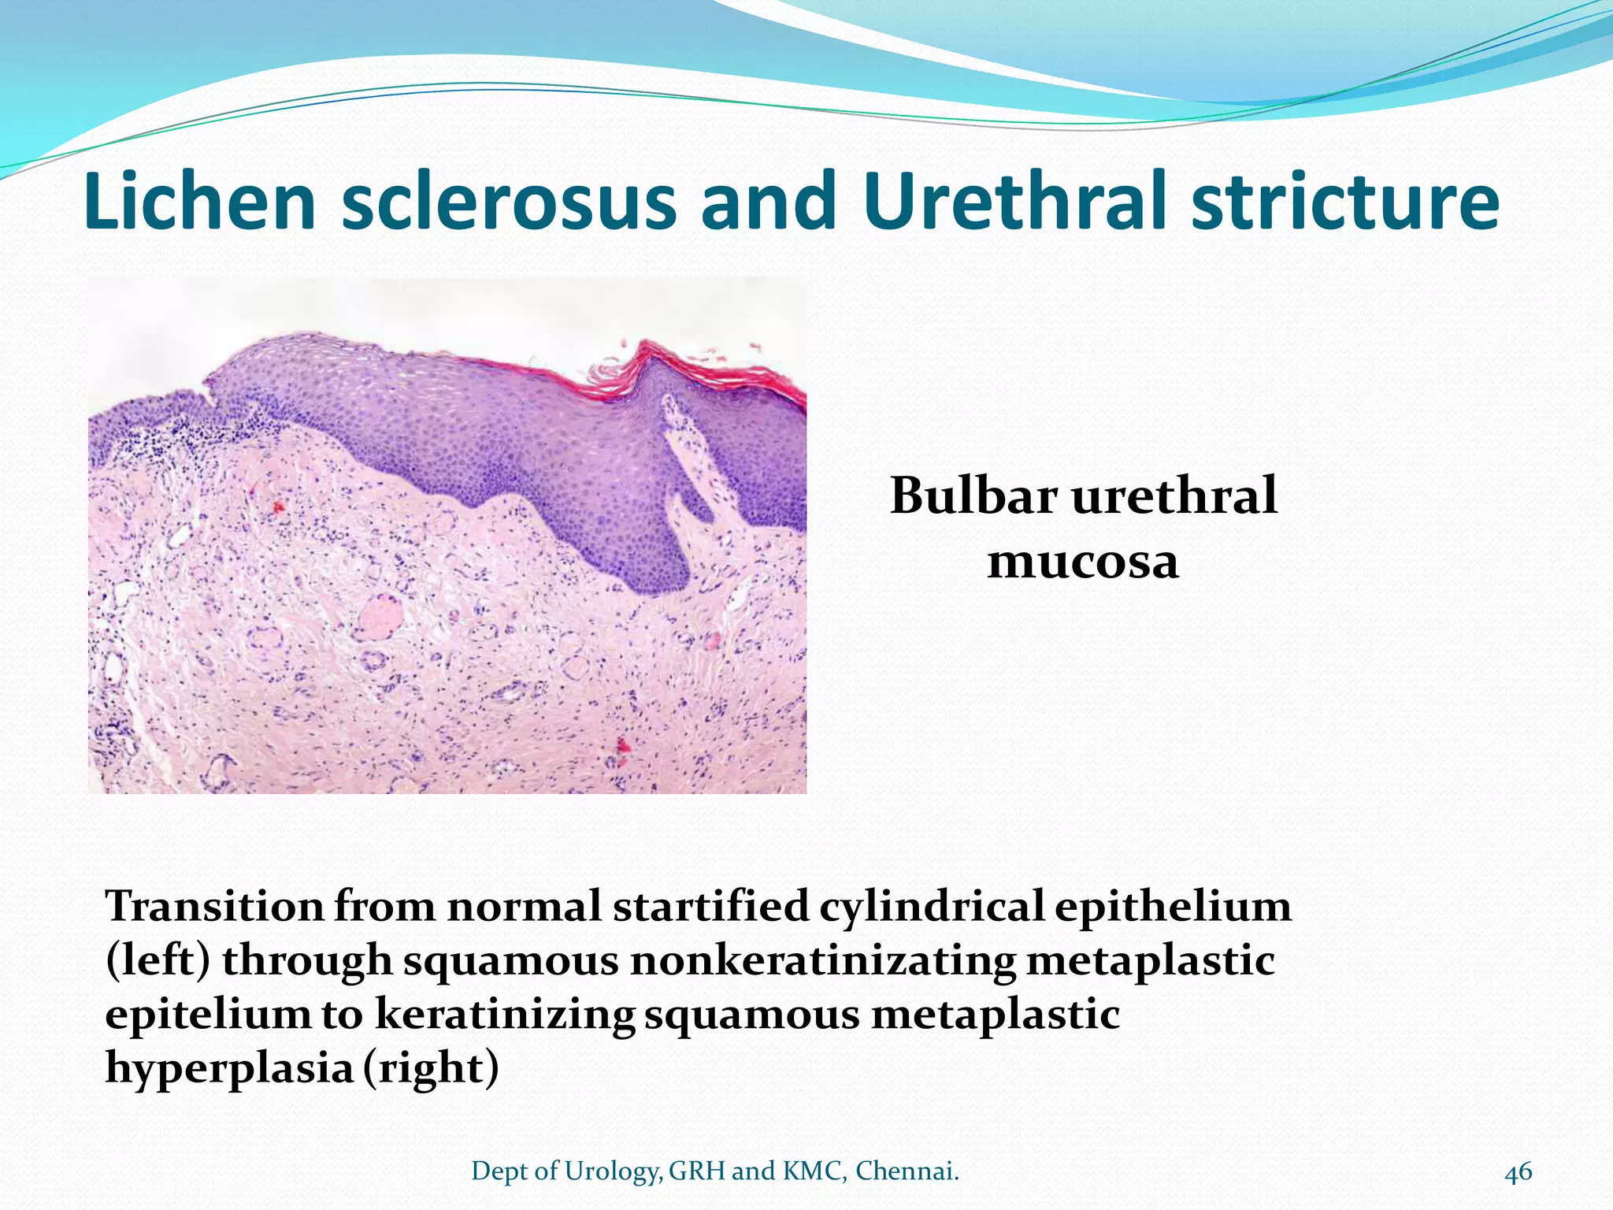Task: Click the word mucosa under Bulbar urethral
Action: pyautogui.click(x=1083, y=562)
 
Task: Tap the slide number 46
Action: pyautogui.click(x=1518, y=1172)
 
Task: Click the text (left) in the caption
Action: pyautogui.click(x=158, y=960)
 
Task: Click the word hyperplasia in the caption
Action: pyautogui.click(x=228, y=1069)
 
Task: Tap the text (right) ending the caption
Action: pyautogui.click(x=431, y=1069)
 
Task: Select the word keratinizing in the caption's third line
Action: pyautogui.click(x=504, y=1014)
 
